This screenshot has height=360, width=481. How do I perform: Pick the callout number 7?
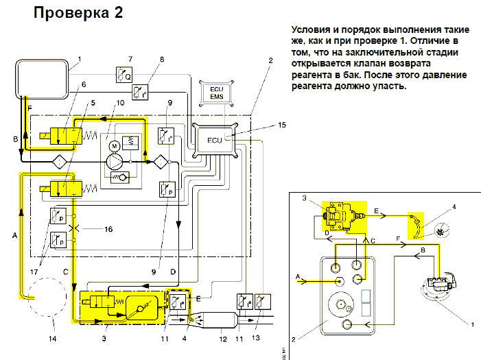(x=131, y=59)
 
